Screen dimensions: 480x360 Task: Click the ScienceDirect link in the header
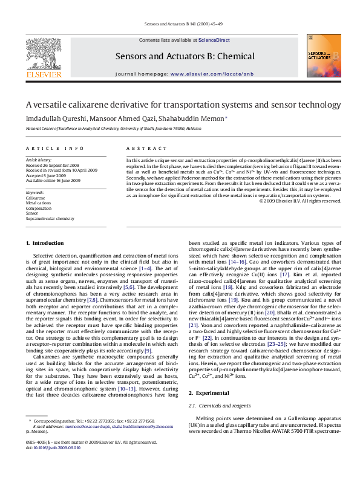pyautogui.click(x=214, y=40)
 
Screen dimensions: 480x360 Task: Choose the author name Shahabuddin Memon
pyautogui.click(x=196, y=119)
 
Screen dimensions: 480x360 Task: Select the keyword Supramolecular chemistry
pyautogui.click(x=50, y=219)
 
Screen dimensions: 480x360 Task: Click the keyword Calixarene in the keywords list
pyautogui.click(x=35, y=198)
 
